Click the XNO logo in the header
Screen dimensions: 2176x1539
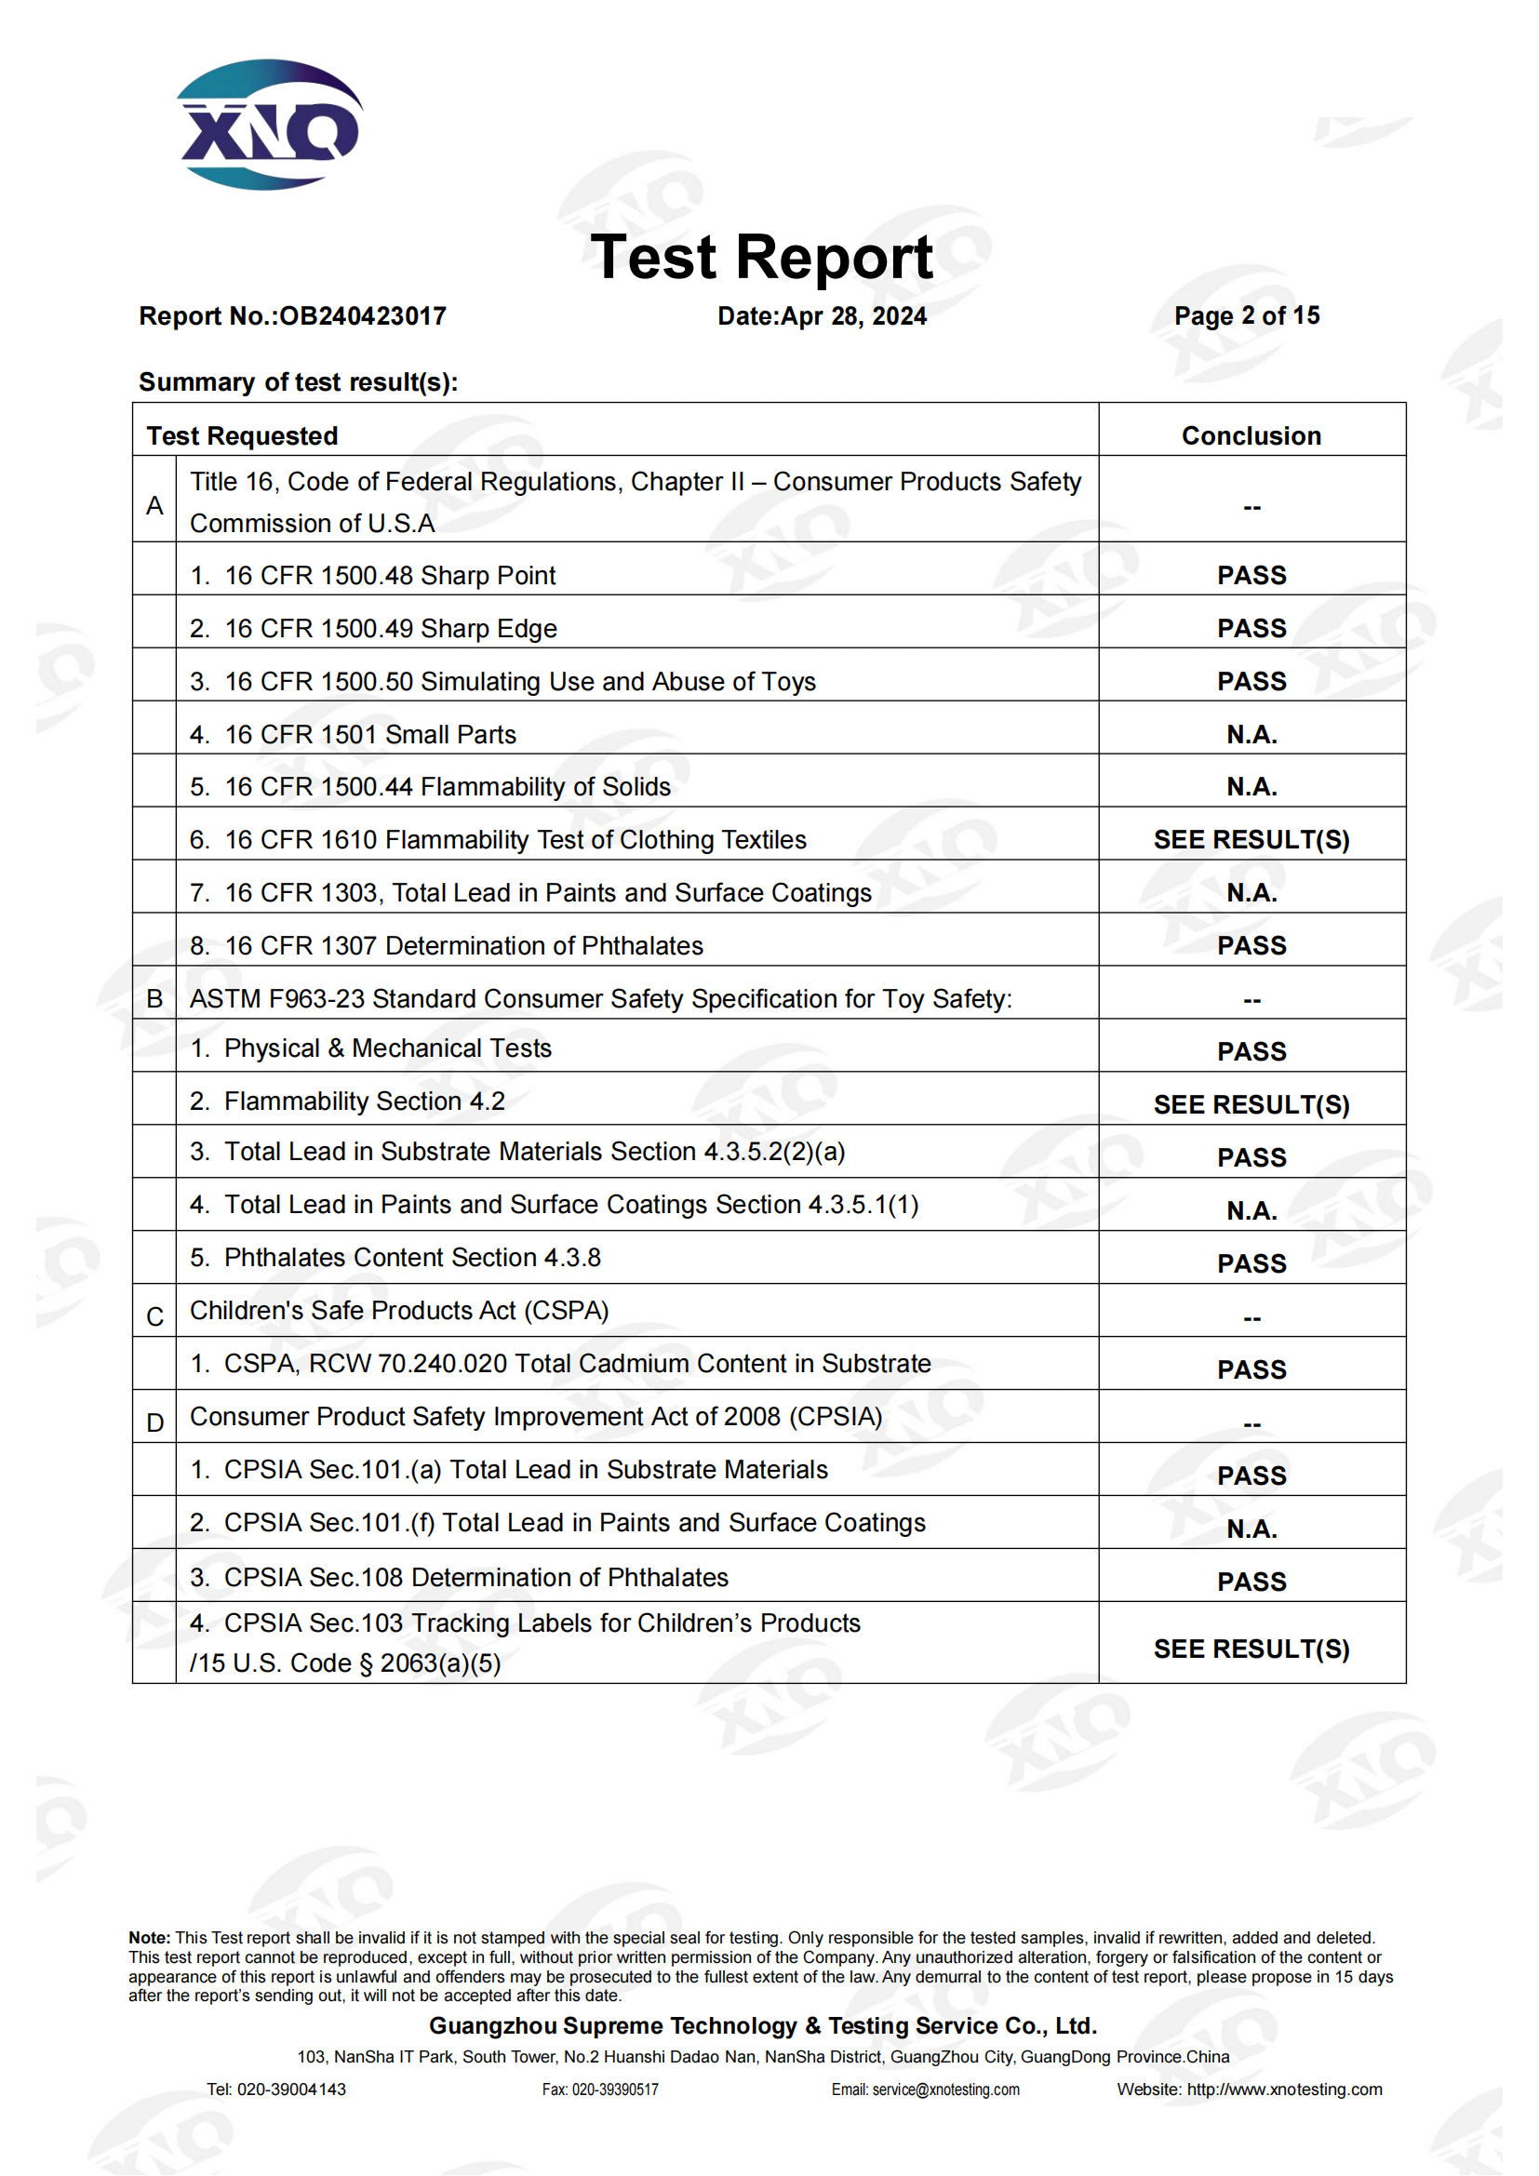[269, 126]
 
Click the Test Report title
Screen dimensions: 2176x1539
[761, 258]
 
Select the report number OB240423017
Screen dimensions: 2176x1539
[363, 316]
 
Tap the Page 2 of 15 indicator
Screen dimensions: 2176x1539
[1246, 315]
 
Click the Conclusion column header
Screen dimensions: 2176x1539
[1251, 436]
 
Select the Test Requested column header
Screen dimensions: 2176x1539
[243, 436]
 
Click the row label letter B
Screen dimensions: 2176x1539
[154, 999]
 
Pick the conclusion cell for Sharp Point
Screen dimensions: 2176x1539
[1251, 575]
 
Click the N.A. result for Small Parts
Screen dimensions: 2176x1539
[1251, 735]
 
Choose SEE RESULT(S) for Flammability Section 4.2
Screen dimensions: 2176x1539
[1251, 1105]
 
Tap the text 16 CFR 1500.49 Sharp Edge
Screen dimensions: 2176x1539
[391, 628]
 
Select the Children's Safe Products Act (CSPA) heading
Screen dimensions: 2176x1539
[399, 1311]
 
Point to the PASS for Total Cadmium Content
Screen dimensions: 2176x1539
[1251, 1369]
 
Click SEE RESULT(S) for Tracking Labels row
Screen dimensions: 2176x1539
[1251, 1649]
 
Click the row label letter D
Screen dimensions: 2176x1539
[154, 1422]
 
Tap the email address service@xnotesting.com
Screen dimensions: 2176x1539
[944, 2089]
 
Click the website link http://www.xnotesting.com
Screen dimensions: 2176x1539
[1284, 2089]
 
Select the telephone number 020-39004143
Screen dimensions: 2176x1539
[291, 2089]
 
